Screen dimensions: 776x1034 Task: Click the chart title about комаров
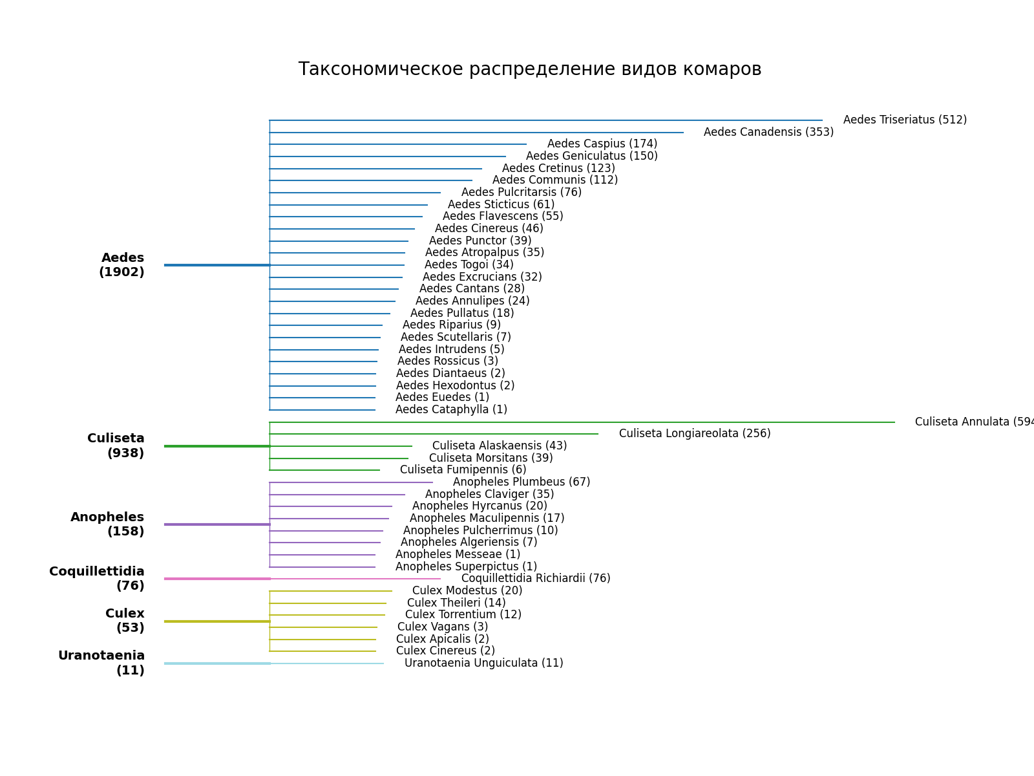[x=529, y=69]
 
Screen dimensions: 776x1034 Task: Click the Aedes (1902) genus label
[x=122, y=265]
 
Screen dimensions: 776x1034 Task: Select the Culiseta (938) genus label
[x=117, y=446]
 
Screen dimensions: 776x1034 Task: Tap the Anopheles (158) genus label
[x=108, y=524]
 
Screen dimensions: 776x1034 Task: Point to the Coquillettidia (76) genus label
[x=98, y=579]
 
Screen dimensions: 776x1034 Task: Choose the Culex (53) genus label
[x=125, y=621]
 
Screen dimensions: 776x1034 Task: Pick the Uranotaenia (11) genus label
[x=102, y=663]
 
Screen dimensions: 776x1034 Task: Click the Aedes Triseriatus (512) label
[x=905, y=120]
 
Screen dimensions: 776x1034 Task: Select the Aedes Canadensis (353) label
[x=768, y=133]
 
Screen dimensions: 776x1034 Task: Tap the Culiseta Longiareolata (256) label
[x=695, y=434]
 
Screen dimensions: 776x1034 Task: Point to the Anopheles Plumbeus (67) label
[x=522, y=482]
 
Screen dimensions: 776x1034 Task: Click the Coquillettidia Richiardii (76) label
[x=536, y=579]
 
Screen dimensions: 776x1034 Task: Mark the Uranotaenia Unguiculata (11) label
[x=483, y=663]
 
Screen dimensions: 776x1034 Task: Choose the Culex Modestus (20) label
[x=467, y=591]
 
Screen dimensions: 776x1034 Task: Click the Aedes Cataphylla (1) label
[x=451, y=410]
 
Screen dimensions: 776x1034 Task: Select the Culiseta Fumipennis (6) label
[x=463, y=470]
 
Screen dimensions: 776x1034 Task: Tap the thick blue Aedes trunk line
[x=217, y=265]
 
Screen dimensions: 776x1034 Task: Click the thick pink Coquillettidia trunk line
[x=217, y=579]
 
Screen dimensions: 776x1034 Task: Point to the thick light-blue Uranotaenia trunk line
[x=217, y=663]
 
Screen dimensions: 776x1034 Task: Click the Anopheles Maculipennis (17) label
[x=487, y=519]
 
